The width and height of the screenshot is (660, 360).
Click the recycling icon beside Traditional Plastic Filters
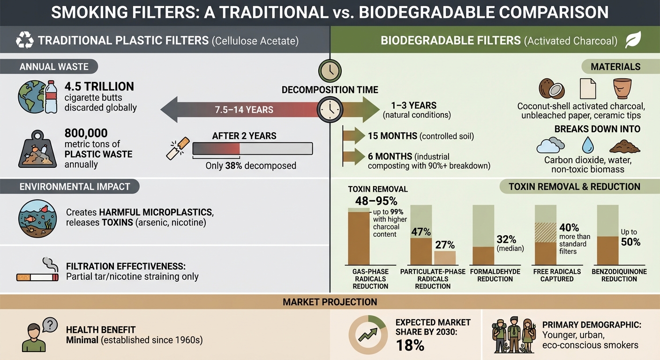(x=24, y=40)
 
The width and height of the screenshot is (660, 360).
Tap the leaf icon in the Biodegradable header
(x=633, y=40)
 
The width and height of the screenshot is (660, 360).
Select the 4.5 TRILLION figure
(x=100, y=86)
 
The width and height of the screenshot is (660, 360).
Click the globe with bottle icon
(x=37, y=97)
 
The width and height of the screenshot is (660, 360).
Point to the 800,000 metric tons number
(x=86, y=133)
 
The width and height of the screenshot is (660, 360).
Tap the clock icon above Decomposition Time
(x=330, y=70)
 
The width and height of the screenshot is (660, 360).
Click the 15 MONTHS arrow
(x=354, y=136)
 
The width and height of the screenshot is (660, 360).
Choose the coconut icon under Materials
(x=551, y=88)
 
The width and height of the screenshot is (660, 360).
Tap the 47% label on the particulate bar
(x=420, y=231)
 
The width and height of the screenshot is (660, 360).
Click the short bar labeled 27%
(x=444, y=258)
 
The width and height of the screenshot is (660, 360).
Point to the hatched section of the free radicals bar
(x=546, y=232)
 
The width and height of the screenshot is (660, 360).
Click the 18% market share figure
(x=410, y=346)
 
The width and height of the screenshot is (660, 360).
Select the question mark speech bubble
(x=49, y=324)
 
